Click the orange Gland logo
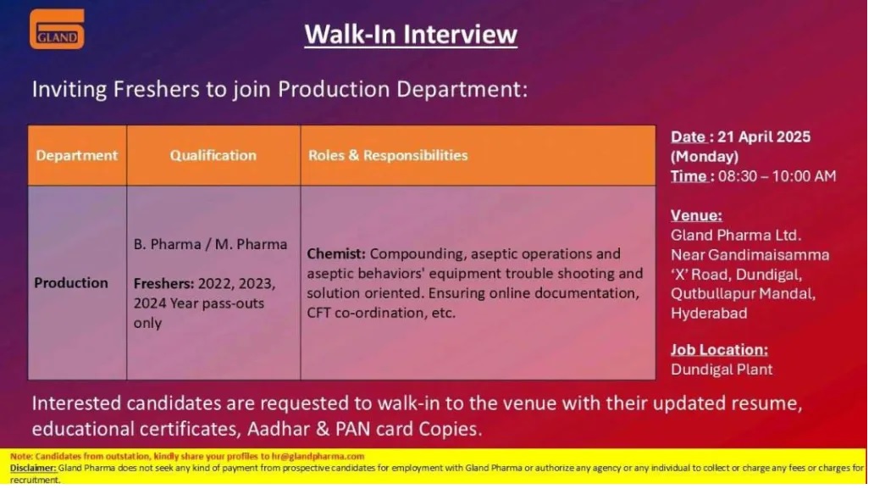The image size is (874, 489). (57, 29)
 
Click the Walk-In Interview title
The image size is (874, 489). (411, 34)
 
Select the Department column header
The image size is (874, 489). (77, 155)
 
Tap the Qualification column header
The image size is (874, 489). (213, 155)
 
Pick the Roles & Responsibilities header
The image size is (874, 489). (388, 155)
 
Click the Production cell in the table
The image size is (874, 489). (71, 283)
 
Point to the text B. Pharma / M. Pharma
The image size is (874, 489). (210, 244)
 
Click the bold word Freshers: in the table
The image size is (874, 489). (164, 283)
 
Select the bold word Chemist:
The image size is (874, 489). (336, 253)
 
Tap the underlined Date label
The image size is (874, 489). (689, 136)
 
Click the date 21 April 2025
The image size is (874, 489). (764, 136)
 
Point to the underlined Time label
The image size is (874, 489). (689, 176)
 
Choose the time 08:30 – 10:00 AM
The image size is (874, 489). (777, 176)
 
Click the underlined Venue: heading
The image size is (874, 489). (696, 215)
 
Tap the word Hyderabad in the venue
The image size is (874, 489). (709, 314)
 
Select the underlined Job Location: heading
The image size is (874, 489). (719, 350)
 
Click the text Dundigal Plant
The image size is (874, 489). (722, 370)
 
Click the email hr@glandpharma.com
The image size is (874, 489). (318, 456)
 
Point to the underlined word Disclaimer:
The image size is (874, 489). (33, 468)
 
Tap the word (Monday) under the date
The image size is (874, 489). (705, 157)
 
